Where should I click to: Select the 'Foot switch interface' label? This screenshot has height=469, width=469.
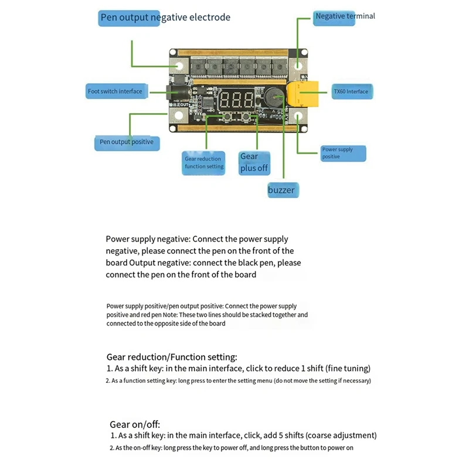115,91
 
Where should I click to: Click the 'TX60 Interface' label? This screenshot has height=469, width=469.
351,91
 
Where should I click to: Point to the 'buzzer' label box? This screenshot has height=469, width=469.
281,190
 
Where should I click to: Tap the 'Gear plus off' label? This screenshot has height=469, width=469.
253,162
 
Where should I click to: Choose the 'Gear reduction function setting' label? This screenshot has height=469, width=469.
204,162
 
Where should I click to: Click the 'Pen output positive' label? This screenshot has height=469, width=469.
126,142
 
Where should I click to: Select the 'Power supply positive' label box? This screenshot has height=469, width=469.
344,153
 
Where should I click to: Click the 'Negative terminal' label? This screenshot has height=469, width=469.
345,16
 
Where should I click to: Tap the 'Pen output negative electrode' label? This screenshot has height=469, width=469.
165,18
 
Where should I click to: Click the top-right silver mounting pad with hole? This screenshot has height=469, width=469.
300,64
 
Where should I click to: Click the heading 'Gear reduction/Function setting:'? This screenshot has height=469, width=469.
172,356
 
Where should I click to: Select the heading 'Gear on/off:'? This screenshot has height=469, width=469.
135,424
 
